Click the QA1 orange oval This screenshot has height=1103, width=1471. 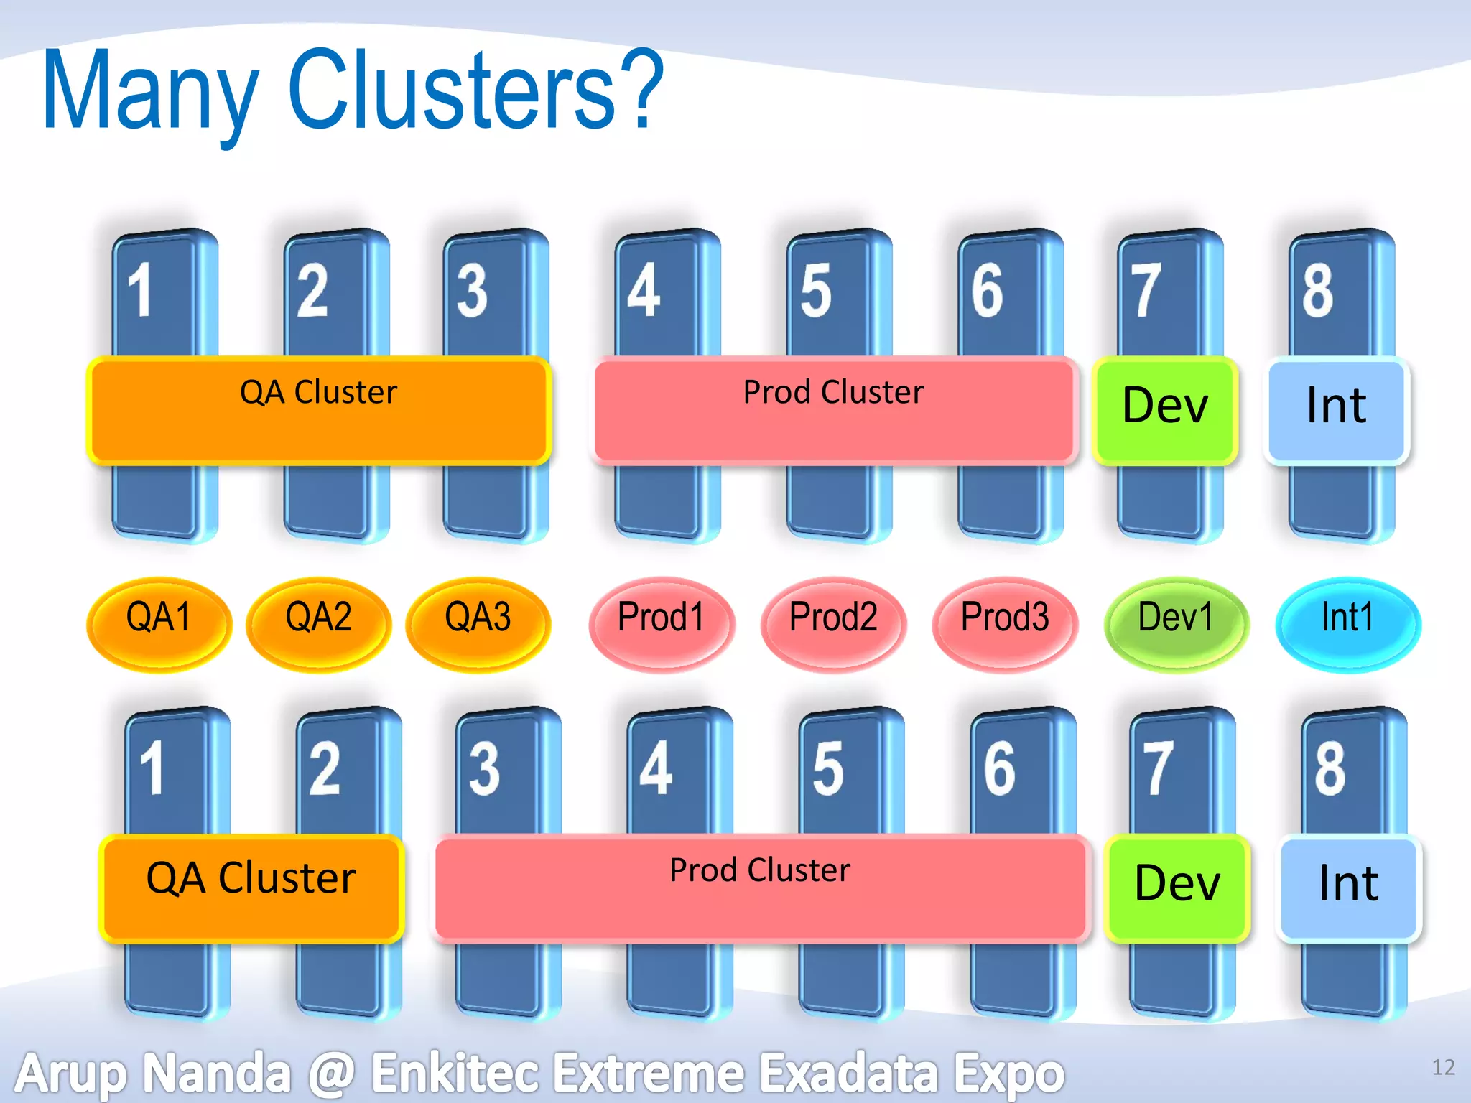coord(159,623)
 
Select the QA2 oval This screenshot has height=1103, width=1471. coord(318,623)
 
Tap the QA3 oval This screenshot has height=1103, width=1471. coord(478,623)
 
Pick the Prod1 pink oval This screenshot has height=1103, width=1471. coord(662,623)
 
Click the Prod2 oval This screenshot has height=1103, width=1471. coord(833,623)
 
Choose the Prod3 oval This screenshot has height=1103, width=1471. coord(1005,623)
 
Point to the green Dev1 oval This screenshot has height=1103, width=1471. coord(1176,623)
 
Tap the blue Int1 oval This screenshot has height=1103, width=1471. coord(1347,623)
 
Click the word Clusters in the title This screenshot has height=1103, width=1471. coord(474,90)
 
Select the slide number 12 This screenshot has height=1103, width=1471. coord(1443,1067)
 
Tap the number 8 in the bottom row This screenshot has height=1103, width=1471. coord(1330,768)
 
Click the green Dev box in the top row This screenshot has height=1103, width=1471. coord(1165,408)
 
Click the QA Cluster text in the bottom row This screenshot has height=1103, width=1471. coord(251,878)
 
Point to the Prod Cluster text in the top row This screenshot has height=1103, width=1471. coord(833,392)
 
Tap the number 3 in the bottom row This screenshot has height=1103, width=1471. coord(484,768)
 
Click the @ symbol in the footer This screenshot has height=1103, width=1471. coord(331,1073)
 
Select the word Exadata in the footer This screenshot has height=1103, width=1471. coord(850,1073)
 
